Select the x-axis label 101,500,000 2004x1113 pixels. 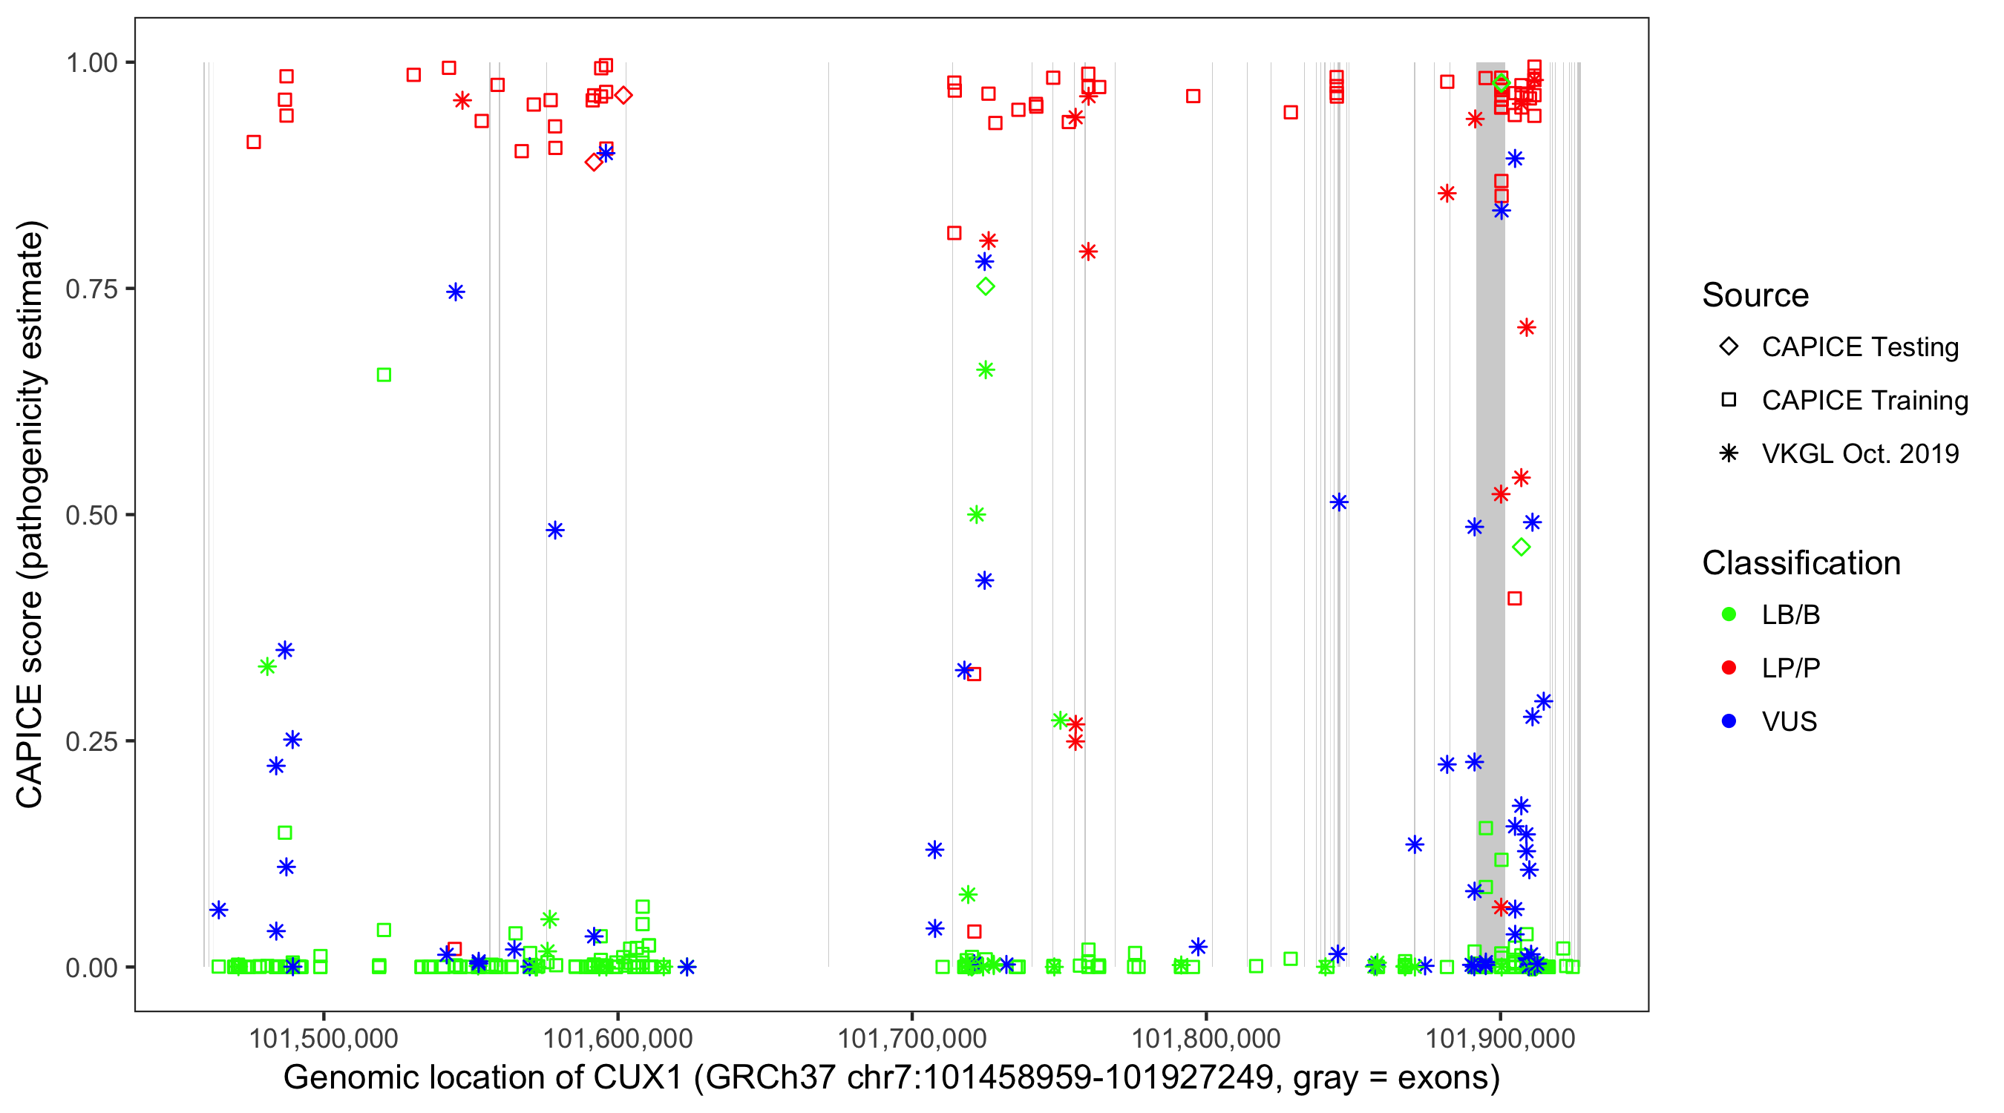(x=323, y=1038)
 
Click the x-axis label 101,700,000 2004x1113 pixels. (x=911, y=1038)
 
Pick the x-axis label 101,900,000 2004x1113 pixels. (x=1500, y=1038)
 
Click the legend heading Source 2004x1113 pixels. (x=1755, y=295)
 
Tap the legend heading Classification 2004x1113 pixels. (x=1801, y=563)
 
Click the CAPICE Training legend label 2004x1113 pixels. (x=1864, y=401)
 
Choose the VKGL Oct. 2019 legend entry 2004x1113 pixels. (x=1860, y=454)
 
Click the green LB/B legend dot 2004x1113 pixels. (x=1729, y=615)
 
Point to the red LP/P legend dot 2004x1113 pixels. (x=1729, y=668)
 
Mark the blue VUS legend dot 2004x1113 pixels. (x=1729, y=722)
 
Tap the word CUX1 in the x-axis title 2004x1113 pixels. (x=637, y=1078)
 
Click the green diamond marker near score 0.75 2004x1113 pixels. (x=986, y=287)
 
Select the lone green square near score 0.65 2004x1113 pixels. (x=384, y=375)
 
